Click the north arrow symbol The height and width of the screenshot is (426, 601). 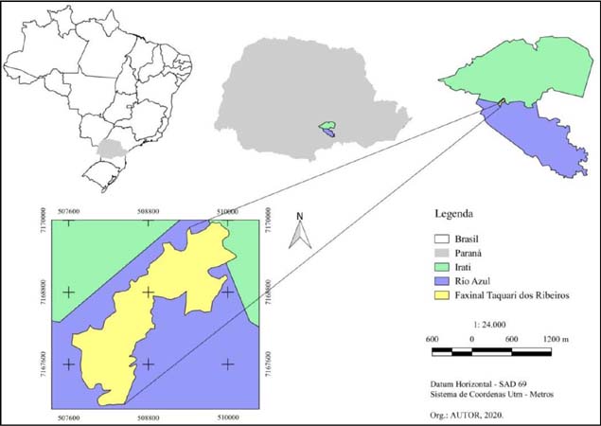pos(299,231)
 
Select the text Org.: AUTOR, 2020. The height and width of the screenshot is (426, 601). pos(464,414)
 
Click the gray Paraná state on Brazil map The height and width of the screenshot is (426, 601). pos(113,148)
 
